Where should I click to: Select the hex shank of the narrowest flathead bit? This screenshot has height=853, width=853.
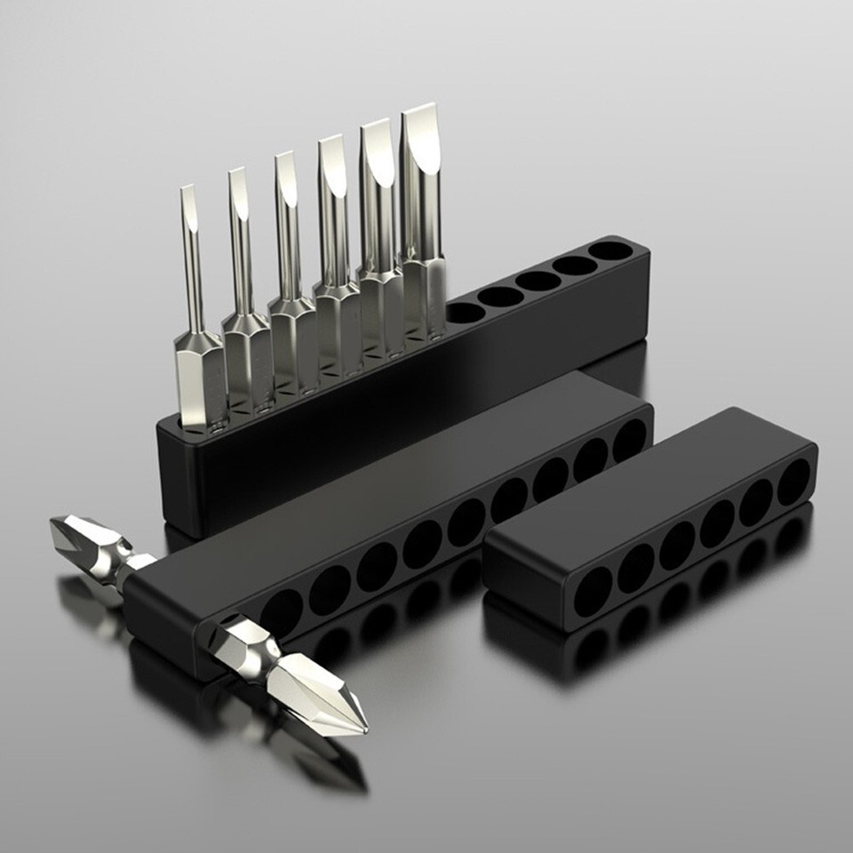[x=199, y=378]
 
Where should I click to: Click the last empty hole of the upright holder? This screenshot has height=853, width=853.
[x=610, y=251]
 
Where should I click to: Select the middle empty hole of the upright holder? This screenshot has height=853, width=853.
[x=538, y=281]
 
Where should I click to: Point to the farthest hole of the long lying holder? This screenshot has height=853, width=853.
[x=629, y=440]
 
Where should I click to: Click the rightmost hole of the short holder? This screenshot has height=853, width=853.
[x=793, y=482]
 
